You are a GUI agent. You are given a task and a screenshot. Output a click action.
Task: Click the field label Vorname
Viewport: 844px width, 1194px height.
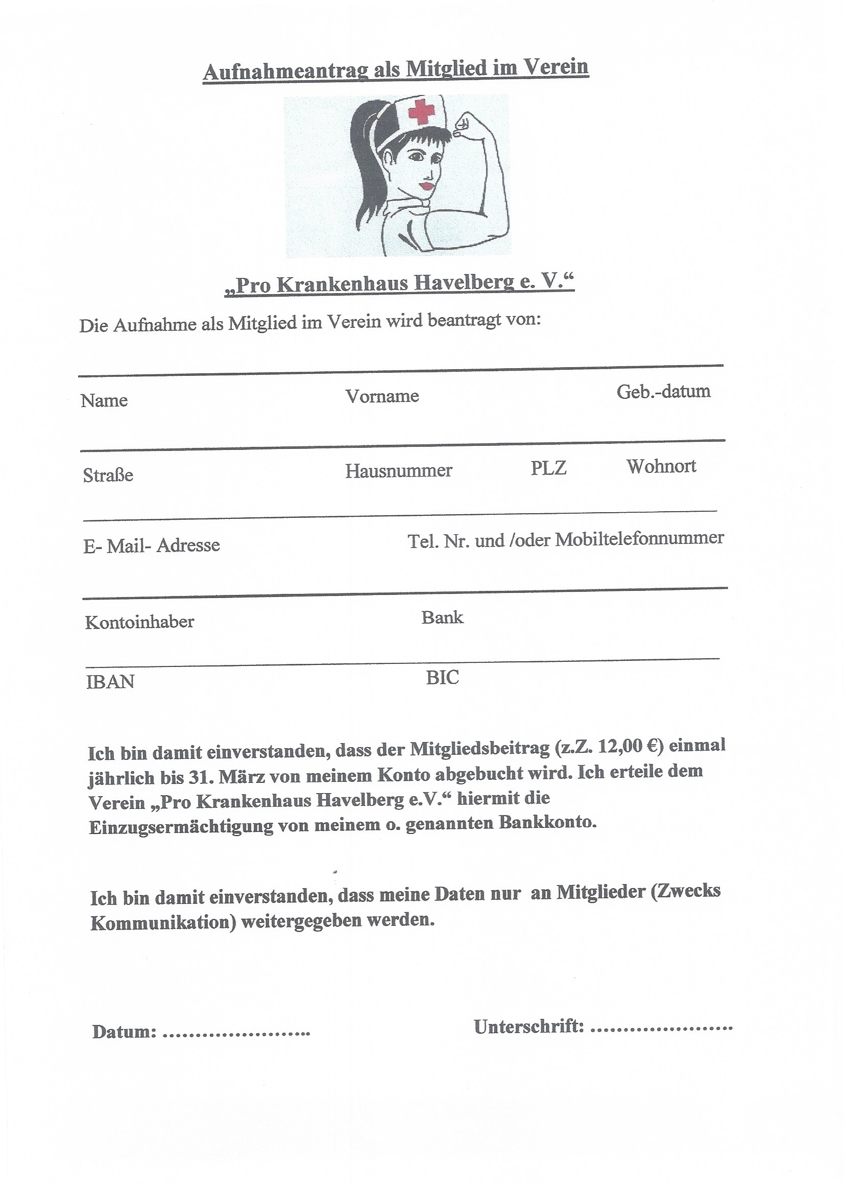(x=382, y=396)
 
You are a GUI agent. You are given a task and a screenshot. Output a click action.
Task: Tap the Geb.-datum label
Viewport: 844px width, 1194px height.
(x=663, y=392)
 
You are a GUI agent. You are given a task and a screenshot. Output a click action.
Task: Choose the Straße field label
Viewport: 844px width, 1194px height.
(x=108, y=475)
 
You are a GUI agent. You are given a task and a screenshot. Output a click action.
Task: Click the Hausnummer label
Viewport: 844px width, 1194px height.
(x=398, y=471)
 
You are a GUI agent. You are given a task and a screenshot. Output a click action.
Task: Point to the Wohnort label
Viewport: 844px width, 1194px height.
(x=661, y=466)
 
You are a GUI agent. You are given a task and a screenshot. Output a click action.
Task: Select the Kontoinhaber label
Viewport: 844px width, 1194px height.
(x=139, y=622)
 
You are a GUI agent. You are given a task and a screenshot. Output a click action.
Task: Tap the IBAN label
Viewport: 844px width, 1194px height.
(x=110, y=682)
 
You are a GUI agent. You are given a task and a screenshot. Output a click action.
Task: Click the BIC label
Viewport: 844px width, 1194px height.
(x=443, y=678)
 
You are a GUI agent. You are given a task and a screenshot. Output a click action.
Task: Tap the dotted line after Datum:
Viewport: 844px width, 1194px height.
(x=236, y=1031)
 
